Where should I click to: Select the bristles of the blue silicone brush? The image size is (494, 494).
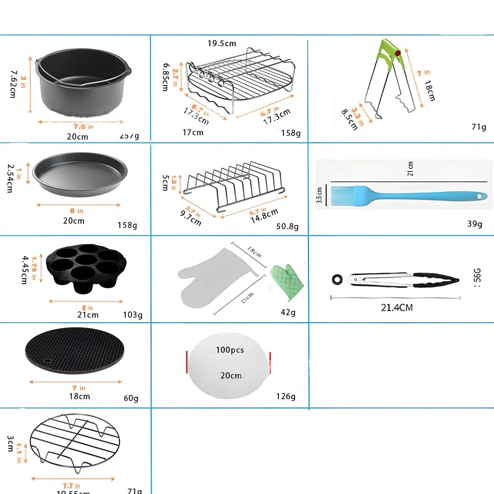tap(342, 196)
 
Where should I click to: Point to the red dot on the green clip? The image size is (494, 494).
tap(397, 53)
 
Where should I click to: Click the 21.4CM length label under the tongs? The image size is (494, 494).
tap(397, 308)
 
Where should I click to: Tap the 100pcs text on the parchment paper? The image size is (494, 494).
tap(230, 350)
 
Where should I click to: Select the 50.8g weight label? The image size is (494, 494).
tap(287, 226)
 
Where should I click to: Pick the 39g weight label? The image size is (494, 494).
tap(475, 224)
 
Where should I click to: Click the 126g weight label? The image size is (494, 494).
tap(285, 396)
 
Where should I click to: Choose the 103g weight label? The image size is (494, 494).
tap(133, 315)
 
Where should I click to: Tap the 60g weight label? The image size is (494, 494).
tap(131, 398)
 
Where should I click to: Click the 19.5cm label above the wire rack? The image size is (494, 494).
tap(222, 43)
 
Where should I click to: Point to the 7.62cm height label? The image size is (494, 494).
tap(13, 84)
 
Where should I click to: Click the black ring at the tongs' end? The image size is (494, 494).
tap(337, 279)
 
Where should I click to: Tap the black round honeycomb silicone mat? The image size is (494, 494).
tap(75, 350)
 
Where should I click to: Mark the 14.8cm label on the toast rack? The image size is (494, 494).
tap(264, 216)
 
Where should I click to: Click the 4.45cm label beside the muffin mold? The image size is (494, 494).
tap(24, 270)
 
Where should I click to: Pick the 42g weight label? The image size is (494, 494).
tap(288, 312)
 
